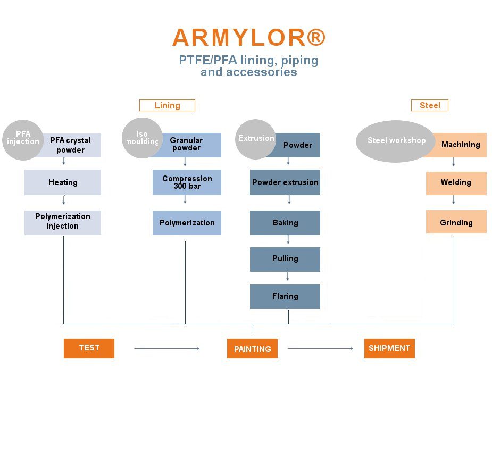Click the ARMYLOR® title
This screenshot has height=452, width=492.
tap(249, 37)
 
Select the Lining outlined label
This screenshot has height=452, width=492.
tap(167, 105)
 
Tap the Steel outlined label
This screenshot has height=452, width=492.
tap(430, 105)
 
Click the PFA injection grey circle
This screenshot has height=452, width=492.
tap(23, 140)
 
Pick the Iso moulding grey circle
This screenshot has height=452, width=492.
tap(142, 138)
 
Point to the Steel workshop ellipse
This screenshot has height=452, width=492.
tap(396, 141)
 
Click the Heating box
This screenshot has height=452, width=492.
tap(63, 182)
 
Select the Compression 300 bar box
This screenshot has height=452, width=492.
tap(187, 182)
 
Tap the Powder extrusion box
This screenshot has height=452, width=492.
tap(285, 182)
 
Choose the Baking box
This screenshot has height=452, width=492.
tap(285, 223)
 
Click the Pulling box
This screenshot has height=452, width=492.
tap(285, 260)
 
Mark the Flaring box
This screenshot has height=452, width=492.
tap(285, 297)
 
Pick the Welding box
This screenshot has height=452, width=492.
tap(456, 183)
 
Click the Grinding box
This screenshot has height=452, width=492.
tap(456, 222)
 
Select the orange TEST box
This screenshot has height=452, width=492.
tap(89, 348)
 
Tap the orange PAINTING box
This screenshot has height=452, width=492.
tap(252, 348)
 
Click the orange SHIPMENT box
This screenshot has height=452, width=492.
tap(389, 348)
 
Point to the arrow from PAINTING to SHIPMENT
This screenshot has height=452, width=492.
tap(321, 348)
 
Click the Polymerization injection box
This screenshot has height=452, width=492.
tap(63, 223)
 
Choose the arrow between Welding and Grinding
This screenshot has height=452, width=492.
tap(453, 199)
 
